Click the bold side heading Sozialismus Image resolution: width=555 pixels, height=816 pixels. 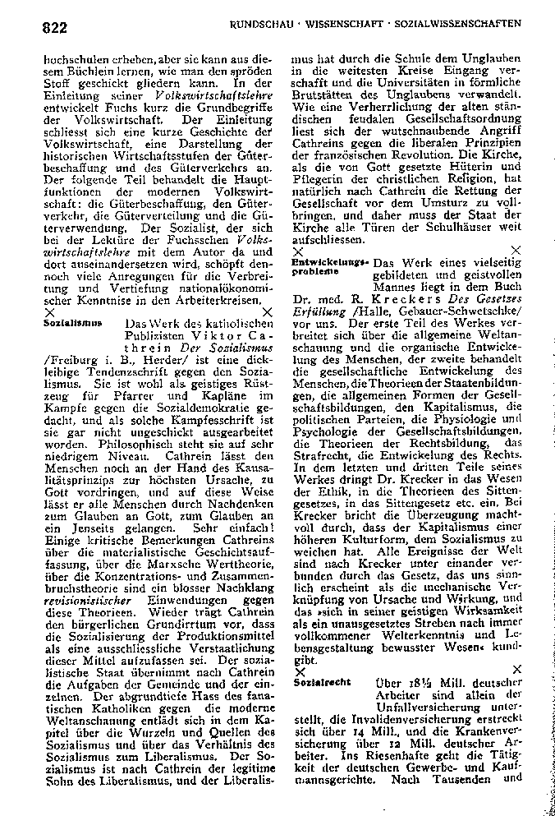(x=67, y=324)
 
